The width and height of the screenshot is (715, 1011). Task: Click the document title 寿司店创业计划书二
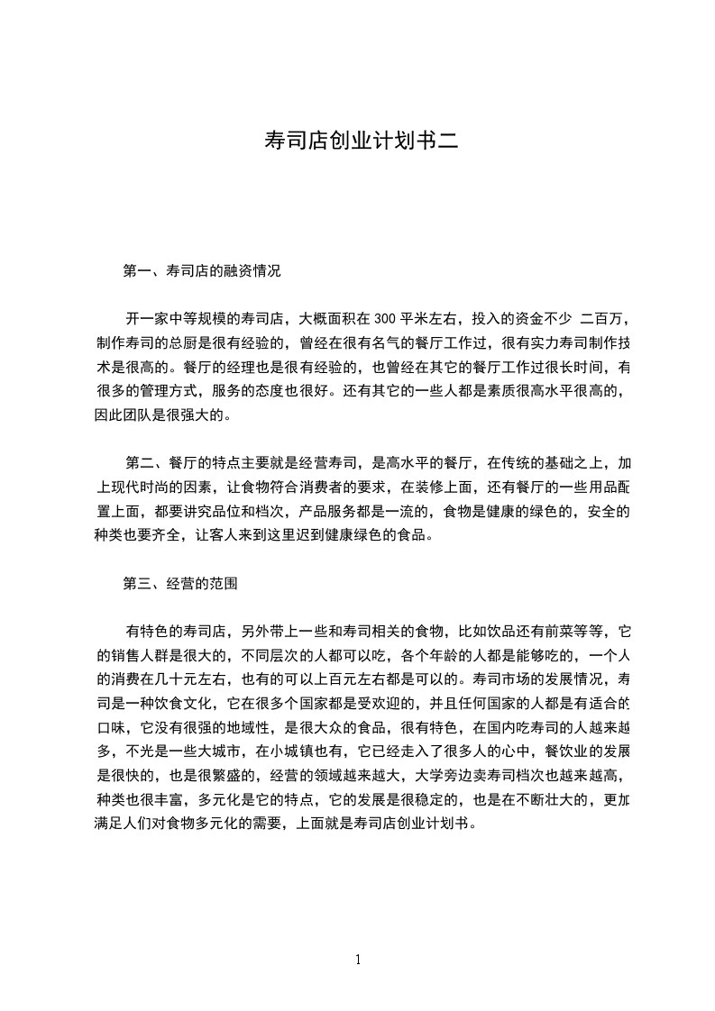pyautogui.click(x=357, y=140)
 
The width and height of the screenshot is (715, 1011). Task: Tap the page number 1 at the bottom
pyautogui.click(x=358, y=960)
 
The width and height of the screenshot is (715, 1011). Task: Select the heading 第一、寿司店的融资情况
pyautogui.click(x=201, y=269)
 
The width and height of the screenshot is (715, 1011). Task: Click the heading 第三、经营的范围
pyautogui.click(x=179, y=583)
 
